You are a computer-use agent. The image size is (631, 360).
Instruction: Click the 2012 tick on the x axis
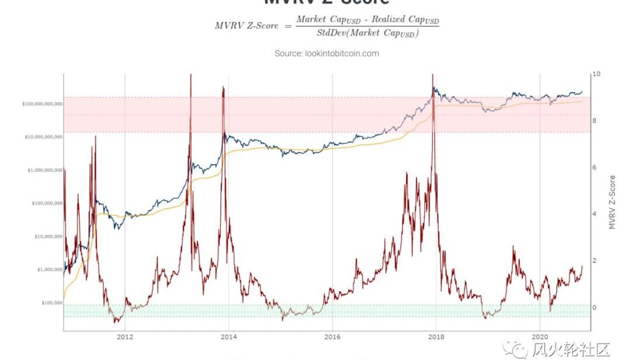point(124,337)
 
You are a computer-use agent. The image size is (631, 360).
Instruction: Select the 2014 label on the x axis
point(228,337)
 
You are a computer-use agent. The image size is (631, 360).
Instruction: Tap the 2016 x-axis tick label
point(332,337)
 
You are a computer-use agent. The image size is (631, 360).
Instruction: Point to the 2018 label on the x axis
point(436,337)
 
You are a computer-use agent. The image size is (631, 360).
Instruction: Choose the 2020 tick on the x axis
point(540,337)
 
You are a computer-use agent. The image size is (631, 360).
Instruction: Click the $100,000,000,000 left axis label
point(42,104)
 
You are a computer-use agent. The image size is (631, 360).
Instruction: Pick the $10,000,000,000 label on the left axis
point(43,137)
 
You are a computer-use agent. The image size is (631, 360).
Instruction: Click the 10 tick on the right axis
point(596,75)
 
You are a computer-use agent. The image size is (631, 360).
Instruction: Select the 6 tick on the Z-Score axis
point(595,168)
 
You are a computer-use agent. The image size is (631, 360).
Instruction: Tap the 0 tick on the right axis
point(595,307)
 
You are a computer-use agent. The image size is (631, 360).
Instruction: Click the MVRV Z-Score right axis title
point(612,202)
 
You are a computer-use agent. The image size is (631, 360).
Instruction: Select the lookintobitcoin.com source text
point(327,53)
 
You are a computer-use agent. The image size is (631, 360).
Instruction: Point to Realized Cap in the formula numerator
point(401,20)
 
